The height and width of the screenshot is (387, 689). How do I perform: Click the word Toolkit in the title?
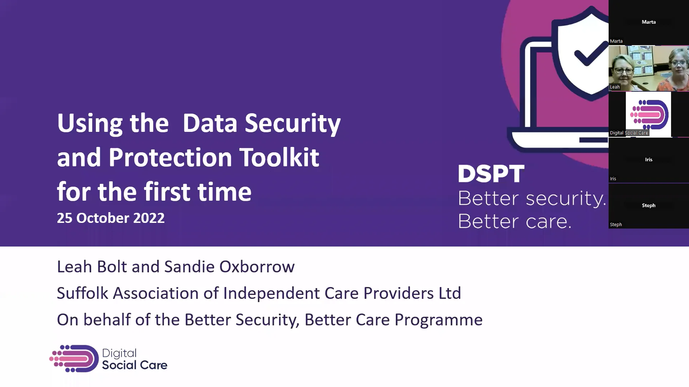click(279, 157)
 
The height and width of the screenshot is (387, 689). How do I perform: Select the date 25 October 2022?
click(111, 218)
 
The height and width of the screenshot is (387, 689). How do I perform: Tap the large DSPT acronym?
click(491, 174)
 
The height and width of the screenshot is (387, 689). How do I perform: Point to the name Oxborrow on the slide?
click(257, 267)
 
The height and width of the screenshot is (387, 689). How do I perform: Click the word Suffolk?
click(82, 293)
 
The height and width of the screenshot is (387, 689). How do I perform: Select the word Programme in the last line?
click(438, 320)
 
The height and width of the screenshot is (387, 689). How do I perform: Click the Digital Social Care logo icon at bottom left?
click(74, 359)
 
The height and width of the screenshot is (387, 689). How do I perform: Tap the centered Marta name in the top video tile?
click(648, 22)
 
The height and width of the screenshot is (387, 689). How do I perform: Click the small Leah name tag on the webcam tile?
click(615, 87)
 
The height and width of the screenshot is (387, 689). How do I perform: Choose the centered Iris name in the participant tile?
click(648, 159)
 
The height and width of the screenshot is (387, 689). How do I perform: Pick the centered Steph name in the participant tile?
click(648, 205)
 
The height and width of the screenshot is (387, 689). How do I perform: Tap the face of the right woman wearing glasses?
click(678, 65)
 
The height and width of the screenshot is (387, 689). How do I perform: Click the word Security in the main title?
click(292, 123)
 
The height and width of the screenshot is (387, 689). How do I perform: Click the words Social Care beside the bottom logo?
click(135, 365)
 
